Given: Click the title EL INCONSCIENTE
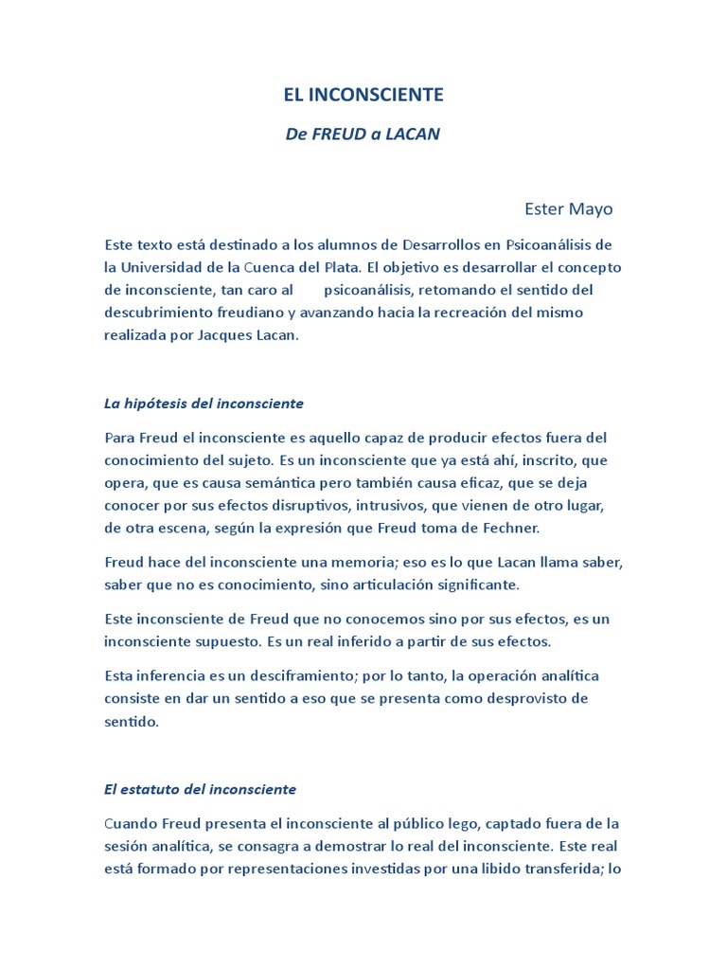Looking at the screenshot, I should (x=363, y=96).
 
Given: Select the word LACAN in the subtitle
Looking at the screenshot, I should (x=412, y=135).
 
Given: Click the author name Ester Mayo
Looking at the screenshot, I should (x=568, y=208).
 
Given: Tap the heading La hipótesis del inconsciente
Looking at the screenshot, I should (x=204, y=404).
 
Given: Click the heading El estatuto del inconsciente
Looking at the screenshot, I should (x=200, y=789).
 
